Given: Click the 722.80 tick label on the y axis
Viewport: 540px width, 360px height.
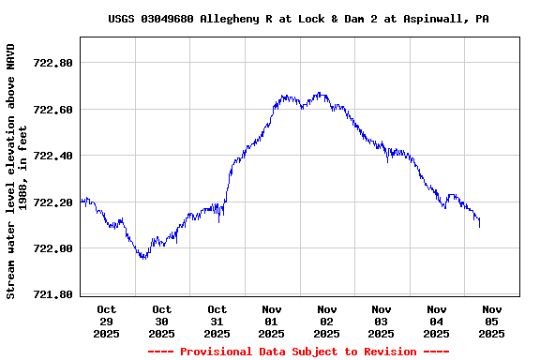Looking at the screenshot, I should (x=52, y=63).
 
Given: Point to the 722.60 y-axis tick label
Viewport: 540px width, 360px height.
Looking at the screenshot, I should (x=52, y=110).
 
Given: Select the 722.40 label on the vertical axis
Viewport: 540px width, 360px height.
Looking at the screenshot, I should (x=52, y=156).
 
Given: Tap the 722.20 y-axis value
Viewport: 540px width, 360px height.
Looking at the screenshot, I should (x=52, y=202).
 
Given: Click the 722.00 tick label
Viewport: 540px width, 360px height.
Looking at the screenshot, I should (x=52, y=248).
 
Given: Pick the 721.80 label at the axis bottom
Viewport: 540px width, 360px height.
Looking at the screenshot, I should (x=52, y=294).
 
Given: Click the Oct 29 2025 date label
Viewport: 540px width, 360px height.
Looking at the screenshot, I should (x=107, y=321).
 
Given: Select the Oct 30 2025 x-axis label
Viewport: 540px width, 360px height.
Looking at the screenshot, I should (x=161, y=321).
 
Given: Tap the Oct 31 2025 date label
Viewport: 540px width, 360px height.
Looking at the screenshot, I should (x=217, y=321).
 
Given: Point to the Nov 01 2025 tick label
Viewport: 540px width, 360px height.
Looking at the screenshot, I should (x=272, y=321).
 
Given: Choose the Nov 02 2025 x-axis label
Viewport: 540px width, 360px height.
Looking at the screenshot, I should (x=326, y=321).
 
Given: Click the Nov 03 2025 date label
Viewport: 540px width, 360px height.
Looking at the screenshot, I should (x=382, y=321).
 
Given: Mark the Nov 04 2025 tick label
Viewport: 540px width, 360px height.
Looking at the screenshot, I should (x=436, y=321).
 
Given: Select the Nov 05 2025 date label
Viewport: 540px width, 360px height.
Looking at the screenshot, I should (x=491, y=321).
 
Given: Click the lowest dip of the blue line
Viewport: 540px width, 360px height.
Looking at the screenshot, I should (x=142, y=258).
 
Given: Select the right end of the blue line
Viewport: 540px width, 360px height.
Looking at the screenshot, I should (x=479, y=225).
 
